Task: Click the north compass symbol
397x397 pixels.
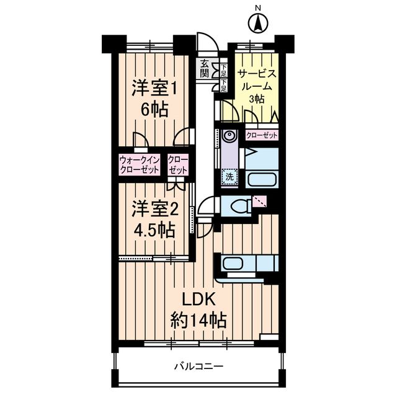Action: [x=257, y=24]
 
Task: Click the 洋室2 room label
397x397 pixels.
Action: [x=153, y=208]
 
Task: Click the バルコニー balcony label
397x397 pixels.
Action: [x=198, y=365]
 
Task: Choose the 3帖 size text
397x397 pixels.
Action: [x=256, y=99]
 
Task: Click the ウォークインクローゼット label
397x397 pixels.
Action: [x=140, y=164]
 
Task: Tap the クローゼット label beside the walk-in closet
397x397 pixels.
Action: [x=177, y=164]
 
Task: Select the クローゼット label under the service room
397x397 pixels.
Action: [x=261, y=135]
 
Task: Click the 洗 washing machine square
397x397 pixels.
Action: [x=230, y=176]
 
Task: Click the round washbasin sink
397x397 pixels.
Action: [x=228, y=136]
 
